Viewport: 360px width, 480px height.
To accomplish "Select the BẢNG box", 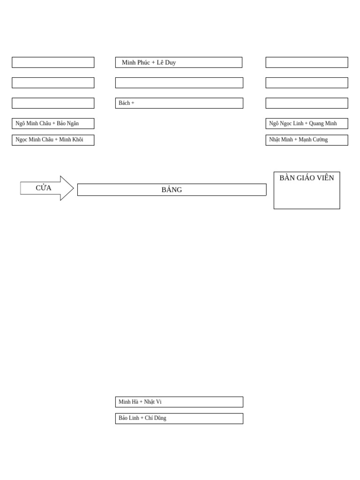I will (172, 190).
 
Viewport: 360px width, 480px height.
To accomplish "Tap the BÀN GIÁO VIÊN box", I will (307, 190).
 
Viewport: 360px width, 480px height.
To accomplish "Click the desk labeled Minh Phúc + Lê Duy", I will (179, 62).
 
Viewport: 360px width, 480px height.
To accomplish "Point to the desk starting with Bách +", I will (179, 103).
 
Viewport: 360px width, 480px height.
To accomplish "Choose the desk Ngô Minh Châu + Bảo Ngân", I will (53, 124).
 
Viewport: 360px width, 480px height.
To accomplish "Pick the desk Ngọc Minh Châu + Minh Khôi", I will (53, 140).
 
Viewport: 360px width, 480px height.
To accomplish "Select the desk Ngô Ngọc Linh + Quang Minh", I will (307, 124).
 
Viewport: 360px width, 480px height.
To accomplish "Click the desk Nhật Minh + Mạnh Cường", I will (307, 140).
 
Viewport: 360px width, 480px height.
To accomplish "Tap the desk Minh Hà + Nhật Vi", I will (179, 402).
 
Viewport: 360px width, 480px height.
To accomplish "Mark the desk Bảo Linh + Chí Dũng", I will (179, 419).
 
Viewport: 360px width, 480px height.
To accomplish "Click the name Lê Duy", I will (166, 62).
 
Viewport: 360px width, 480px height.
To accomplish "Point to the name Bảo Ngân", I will (68, 124).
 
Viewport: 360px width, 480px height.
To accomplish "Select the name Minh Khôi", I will (71, 140).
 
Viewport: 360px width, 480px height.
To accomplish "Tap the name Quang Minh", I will (323, 124).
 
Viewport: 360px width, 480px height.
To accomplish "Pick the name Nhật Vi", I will (153, 402).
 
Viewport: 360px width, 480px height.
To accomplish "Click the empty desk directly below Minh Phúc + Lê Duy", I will (179, 83).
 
